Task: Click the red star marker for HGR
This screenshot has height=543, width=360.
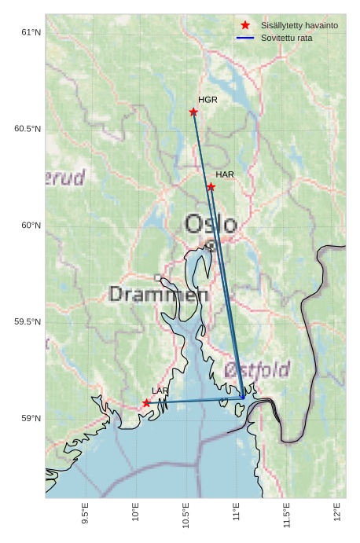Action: [193, 112]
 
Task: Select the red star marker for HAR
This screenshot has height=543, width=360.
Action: [211, 186]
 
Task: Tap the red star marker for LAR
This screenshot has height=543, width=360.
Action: [146, 402]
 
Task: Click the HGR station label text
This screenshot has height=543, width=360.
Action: [208, 100]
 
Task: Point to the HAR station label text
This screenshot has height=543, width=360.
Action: [225, 174]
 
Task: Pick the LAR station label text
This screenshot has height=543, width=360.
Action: [160, 391]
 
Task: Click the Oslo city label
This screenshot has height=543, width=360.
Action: [211, 224]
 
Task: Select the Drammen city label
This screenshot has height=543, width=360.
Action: [158, 295]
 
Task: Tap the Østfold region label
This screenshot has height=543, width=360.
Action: [257, 369]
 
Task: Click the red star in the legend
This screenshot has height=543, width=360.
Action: [245, 25]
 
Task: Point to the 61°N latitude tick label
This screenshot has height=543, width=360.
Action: [30, 32]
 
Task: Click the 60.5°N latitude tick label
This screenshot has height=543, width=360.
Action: [27, 129]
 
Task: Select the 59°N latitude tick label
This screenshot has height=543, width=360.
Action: [30, 418]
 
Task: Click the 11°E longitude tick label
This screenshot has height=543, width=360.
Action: [237, 515]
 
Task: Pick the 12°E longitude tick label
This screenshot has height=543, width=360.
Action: [337, 515]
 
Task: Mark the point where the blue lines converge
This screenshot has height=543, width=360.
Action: [243, 398]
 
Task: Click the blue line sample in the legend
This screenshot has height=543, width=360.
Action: [245, 38]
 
